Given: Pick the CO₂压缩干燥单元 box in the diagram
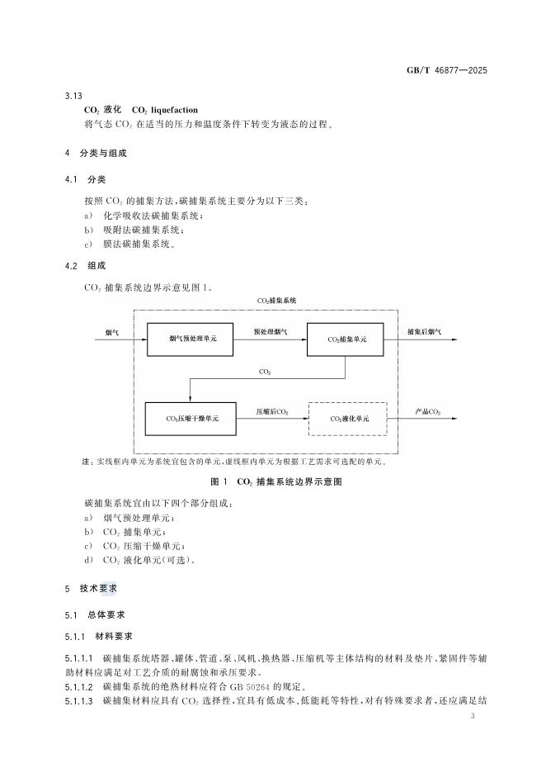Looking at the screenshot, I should pyautogui.click(x=192, y=419).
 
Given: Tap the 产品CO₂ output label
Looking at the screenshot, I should pyautogui.click(x=427, y=410).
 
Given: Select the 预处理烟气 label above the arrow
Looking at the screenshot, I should pyautogui.click(x=271, y=331).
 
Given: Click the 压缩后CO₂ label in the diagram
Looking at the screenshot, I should pyautogui.click(x=271, y=410).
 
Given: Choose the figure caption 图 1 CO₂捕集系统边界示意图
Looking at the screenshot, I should pyautogui.click(x=276, y=481).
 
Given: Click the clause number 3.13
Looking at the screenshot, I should pyautogui.click(x=73, y=95).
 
